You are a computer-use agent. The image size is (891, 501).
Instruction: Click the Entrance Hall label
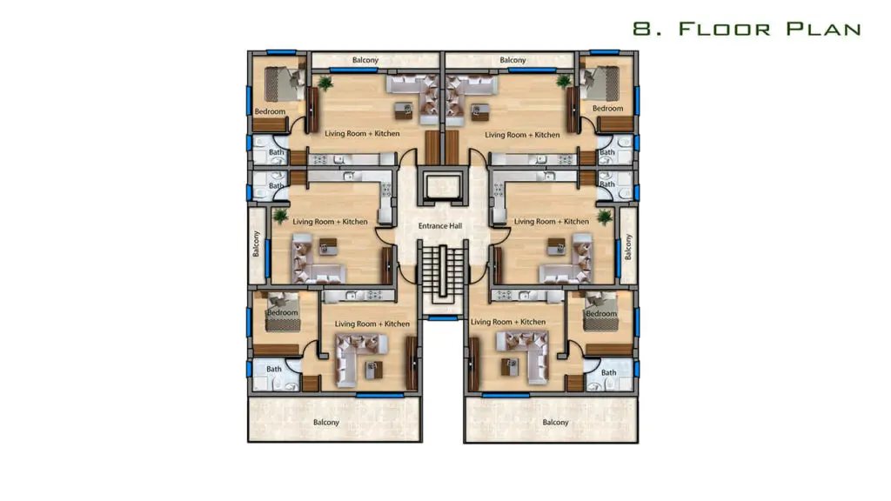click(439, 226)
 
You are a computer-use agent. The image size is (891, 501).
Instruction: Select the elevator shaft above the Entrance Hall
click(443, 186)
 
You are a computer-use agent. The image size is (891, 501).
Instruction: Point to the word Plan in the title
click(824, 29)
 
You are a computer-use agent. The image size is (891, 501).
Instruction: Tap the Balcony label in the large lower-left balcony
click(326, 422)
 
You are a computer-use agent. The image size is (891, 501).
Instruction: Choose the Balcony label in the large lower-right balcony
click(555, 422)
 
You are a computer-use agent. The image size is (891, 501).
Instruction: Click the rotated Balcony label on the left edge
click(257, 244)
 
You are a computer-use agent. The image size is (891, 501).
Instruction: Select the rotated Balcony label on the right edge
click(628, 247)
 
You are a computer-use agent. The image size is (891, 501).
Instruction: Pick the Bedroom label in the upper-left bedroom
click(270, 111)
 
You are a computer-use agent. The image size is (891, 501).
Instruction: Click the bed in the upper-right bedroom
click(600, 83)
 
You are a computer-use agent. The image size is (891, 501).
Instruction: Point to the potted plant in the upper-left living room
click(325, 83)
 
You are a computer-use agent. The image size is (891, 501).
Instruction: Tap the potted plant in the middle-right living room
click(604, 217)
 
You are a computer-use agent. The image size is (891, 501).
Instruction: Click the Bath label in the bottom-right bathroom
click(608, 372)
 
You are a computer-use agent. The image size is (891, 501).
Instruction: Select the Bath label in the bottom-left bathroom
click(274, 369)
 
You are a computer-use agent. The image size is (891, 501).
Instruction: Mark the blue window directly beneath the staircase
click(443, 318)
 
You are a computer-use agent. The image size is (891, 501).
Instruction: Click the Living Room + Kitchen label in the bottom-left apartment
click(372, 324)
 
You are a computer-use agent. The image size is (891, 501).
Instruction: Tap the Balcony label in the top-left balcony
click(365, 60)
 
